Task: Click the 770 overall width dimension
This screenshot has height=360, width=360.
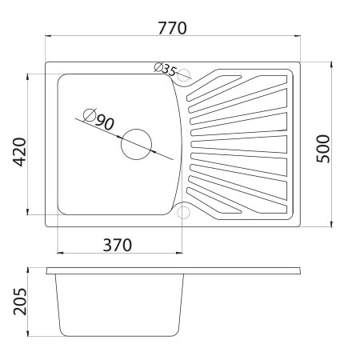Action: click(x=172, y=28)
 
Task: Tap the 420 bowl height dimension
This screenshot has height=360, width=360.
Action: click(x=19, y=150)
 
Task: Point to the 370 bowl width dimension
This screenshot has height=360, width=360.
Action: click(x=117, y=244)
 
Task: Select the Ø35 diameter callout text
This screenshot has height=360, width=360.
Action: click(x=164, y=70)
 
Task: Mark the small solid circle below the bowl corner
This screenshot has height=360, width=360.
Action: click(x=183, y=212)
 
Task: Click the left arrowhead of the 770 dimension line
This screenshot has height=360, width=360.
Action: click(x=47, y=36)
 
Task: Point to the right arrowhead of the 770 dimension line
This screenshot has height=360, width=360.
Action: click(x=299, y=36)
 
